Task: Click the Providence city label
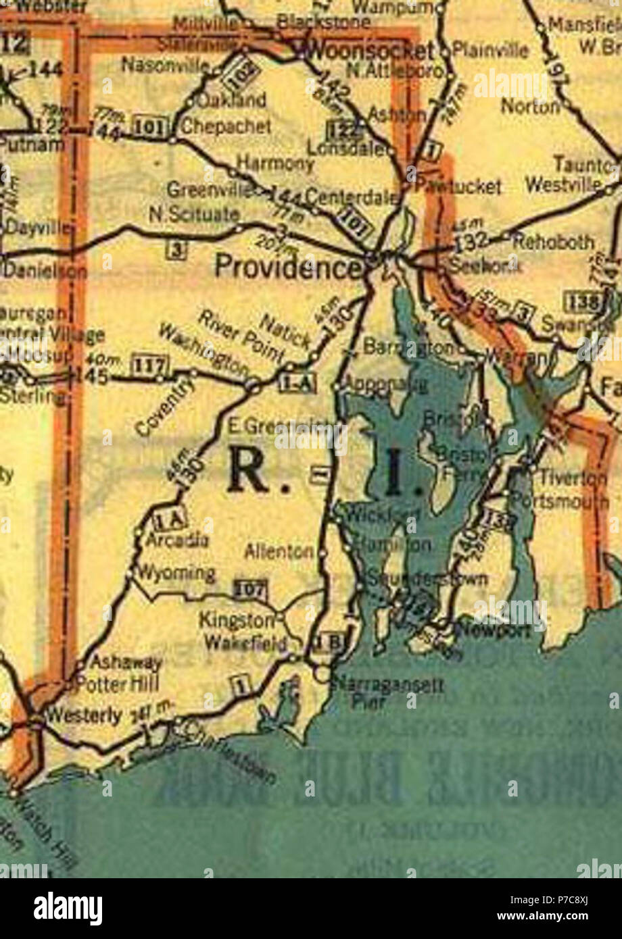tap(287, 267)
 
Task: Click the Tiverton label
tap(573, 478)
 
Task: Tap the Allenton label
tap(279, 551)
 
